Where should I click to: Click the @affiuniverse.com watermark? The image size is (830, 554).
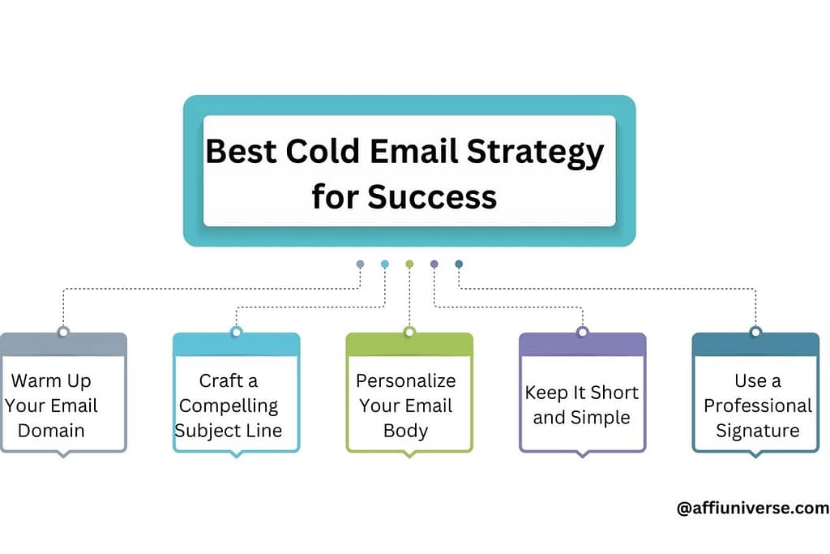click(752, 509)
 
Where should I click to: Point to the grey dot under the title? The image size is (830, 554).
click(360, 264)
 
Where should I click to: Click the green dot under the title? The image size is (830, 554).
click(409, 264)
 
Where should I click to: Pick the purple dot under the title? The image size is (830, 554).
click(434, 264)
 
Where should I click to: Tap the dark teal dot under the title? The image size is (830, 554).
click(459, 264)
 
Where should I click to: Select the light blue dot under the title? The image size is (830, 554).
click(385, 264)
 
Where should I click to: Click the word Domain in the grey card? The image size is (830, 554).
click(51, 430)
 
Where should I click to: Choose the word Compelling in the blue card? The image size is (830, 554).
click(229, 406)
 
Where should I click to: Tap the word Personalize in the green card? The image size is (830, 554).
click(406, 380)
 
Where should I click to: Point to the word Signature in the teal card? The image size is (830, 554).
click(757, 430)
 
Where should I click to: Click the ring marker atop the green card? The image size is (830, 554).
click(409, 332)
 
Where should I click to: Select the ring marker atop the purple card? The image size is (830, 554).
click(582, 332)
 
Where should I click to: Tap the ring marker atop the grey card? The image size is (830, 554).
click(63, 332)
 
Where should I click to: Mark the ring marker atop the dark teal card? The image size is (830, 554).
click(755, 332)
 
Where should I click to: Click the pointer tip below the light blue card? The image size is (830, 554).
click(236, 455)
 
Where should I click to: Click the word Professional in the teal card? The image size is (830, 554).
click(757, 406)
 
